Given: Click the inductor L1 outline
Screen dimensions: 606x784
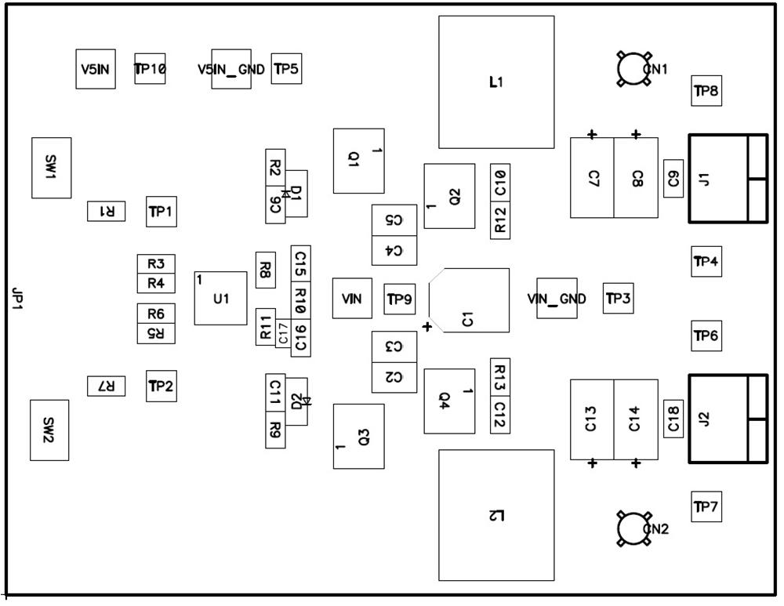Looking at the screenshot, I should (x=496, y=82).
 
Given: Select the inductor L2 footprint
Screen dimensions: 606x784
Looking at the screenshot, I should (x=496, y=515).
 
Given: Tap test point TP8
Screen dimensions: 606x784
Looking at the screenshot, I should (x=706, y=91).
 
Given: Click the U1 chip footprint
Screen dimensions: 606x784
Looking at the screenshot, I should (x=220, y=299).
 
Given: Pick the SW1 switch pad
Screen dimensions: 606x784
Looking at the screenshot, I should (x=51, y=168).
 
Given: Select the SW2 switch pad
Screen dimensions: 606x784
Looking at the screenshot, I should (x=49, y=430).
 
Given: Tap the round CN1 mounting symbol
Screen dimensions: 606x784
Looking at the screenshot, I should (x=634, y=69).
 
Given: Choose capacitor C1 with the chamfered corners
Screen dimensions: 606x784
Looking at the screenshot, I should (x=470, y=300).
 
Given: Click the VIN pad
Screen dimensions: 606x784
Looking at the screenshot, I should (x=352, y=299).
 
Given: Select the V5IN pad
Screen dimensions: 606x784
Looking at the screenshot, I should (x=96, y=70).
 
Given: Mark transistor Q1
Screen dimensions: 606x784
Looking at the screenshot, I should (x=358, y=161).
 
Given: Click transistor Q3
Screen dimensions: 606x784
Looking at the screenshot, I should (x=358, y=437).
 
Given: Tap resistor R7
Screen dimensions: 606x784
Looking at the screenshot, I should (x=106, y=386).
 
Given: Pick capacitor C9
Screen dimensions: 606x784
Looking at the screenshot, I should (x=673, y=179).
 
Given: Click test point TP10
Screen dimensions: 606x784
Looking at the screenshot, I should (x=150, y=69).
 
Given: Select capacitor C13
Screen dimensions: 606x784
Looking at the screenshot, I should (x=591, y=419).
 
